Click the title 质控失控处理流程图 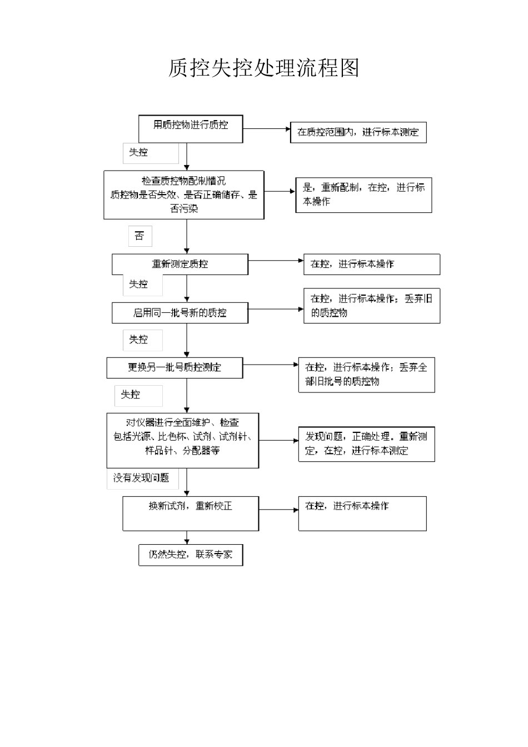pyautogui.click(x=263, y=68)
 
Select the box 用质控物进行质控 pyautogui.click(x=191, y=128)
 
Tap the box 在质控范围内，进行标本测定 pyautogui.click(x=358, y=132)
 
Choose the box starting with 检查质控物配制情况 pyautogui.click(x=183, y=195)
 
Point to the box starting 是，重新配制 pyautogui.click(x=363, y=195)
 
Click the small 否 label pyautogui.click(x=140, y=236)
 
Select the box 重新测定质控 pyautogui.click(x=180, y=265)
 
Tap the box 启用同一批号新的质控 pyautogui.click(x=180, y=313)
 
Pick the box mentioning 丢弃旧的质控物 pyautogui.click(x=371, y=306)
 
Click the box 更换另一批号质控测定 pyautogui.click(x=175, y=367)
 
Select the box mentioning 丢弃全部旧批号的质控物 pyautogui.click(x=366, y=375)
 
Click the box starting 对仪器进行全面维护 pyautogui.click(x=182, y=440)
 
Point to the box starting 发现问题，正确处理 pyautogui.click(x=366, y=444)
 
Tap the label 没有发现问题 pyautogui.click(x=142, y=478)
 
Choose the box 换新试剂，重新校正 pyautogui.click(x=191, y=513)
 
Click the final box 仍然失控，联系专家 pyautogui.click(x=191, y=555)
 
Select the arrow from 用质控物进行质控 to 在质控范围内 pyautogui.click(x=267, y=129)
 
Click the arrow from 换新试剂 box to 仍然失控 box pyautogui.click(x=187, y=537)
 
